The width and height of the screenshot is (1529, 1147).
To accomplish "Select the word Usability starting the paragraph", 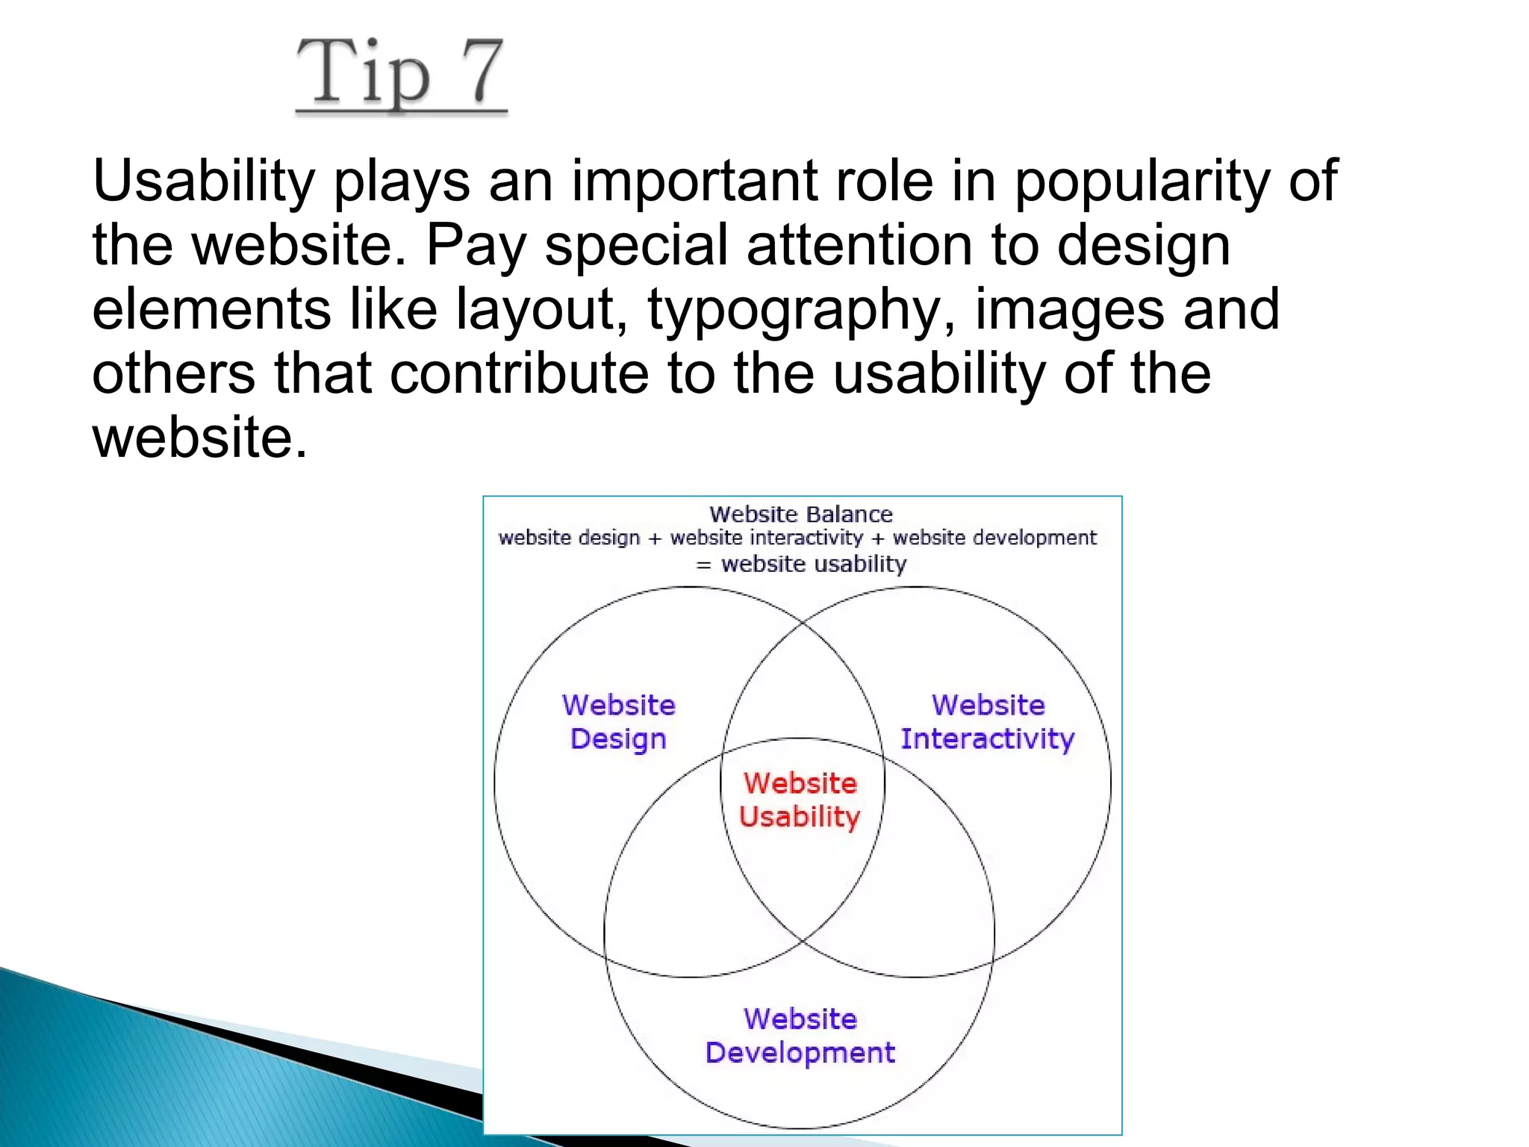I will point(204,181).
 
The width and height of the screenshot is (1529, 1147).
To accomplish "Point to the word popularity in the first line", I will point(1142,182).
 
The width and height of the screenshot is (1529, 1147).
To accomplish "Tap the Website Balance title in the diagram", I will point(800,515).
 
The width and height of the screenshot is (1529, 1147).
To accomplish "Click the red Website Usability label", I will point(800,800).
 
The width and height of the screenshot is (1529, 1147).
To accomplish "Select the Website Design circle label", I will point(618,721).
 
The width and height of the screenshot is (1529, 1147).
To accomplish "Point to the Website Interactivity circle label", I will point(987,721).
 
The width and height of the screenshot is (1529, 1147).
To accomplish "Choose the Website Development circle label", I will point(800,1036).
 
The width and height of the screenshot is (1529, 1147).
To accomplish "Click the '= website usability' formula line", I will point(802,564).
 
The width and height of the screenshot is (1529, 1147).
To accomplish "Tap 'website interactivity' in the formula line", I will point(766,538).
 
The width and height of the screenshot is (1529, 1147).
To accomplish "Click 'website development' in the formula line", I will point(994,538).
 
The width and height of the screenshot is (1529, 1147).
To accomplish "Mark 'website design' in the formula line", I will point(569,538).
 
